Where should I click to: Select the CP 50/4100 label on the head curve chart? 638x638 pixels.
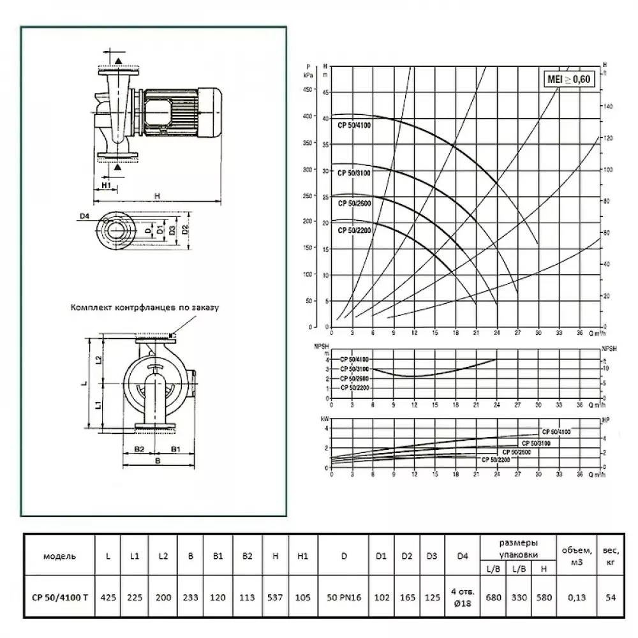(x=355, y=125)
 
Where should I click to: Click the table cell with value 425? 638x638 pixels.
(x=109, y=598)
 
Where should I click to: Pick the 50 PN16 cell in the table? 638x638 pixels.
(x=344, y=598)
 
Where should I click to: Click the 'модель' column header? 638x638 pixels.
(x=59, y=556)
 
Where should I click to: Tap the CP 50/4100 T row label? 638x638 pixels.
(x=59, y=598)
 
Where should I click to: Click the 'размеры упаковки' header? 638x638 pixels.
(x=517, y=546)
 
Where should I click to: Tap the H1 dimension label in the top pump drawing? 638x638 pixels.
(x=107, y=185)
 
